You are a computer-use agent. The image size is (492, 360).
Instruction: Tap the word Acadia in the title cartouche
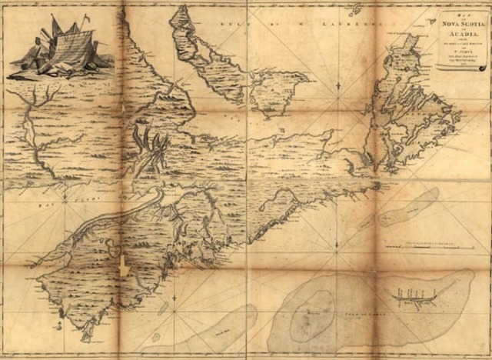tap(464, 35)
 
